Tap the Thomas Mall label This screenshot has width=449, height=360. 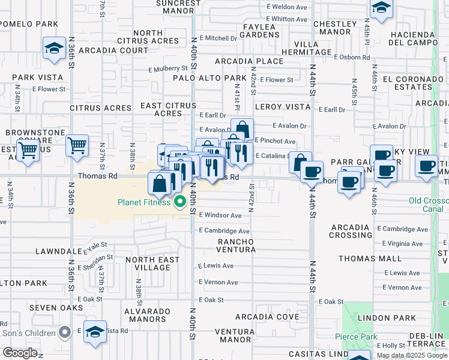tap(369, 259)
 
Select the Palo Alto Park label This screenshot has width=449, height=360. tap(209, 78)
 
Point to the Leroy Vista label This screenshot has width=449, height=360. tap(282, 107)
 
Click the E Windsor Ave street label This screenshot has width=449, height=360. tap(220, 215)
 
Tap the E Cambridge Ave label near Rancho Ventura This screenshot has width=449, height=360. tap(224, 231)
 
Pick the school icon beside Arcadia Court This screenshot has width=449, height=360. tap(54, 48)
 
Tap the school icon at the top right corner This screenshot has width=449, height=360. tap(381, 8)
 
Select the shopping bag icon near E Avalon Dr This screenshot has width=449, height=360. tap(242, 128)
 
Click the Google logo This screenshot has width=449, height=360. tap(20, 353)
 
